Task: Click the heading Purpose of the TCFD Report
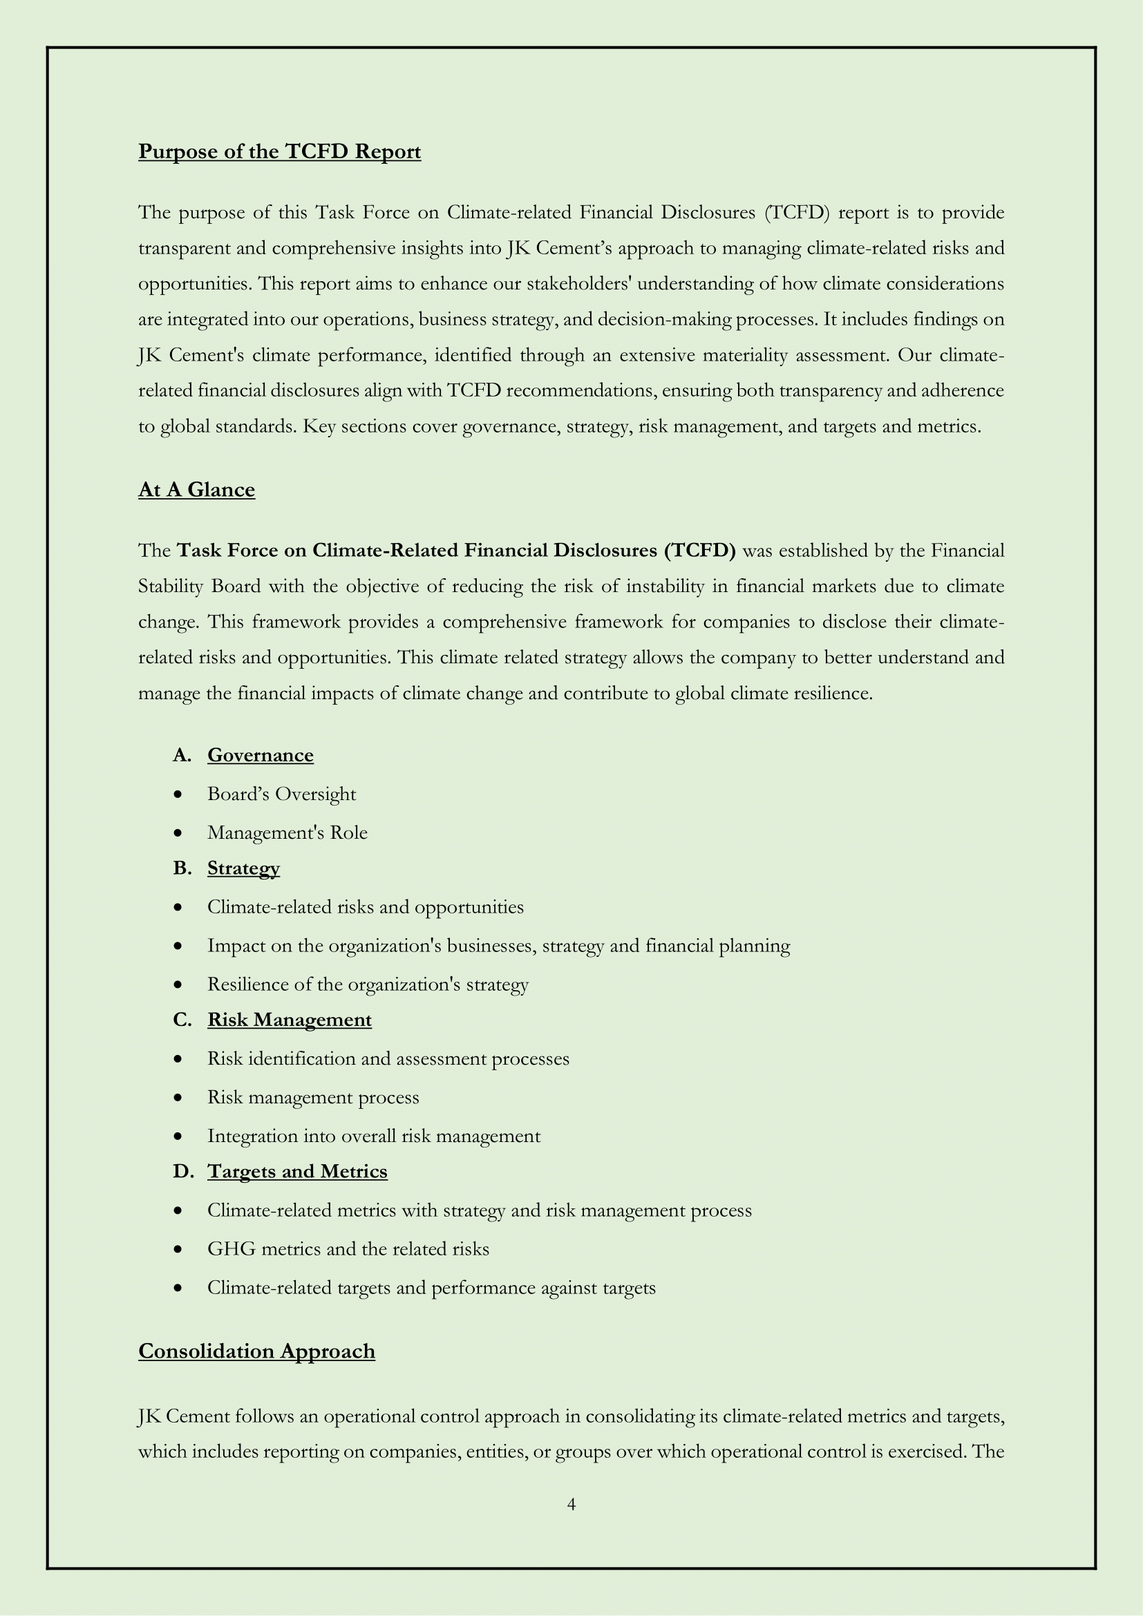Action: click(279, 152)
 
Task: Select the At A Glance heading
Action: click(196, 490)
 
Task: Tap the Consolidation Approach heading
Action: click(256, 1351)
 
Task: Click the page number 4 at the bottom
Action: click(571, 1505)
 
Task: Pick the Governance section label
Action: click(261, 755)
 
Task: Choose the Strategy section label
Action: click(243, 868)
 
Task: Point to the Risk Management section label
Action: click(290, 1020)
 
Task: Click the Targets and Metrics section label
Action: click(297, 1171)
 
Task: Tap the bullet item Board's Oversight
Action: click(281, 794)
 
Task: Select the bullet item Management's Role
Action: click(287, 833)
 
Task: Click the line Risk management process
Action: click(313, 1097)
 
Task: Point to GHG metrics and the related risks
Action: click(348, 1248)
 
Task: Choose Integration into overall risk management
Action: click(374, 1136)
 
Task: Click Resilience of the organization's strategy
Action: click(368, 984)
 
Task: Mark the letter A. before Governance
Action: click(182, 755)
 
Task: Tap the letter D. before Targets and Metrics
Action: click(182, 1171)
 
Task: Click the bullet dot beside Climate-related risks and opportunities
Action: click(180, 907)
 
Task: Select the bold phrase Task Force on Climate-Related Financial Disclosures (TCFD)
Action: click(456, 551)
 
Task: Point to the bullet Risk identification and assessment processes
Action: click(388, 1058)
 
